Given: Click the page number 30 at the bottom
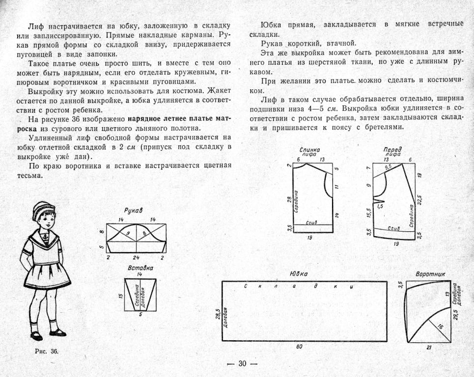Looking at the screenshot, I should pyautogui.click(x=242, y=364).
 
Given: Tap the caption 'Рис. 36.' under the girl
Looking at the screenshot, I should pyautogui.click(x=47, y=351).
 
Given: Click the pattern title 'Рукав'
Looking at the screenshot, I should pyautogui.click(x=134, y=211).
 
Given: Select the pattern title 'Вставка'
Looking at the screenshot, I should pyautogui.click(x=140, y=268).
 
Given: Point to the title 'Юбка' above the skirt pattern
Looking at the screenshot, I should pyautogui.click(x=299, y=274).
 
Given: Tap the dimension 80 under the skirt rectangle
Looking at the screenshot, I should pyautogui.click(x=299, y=347).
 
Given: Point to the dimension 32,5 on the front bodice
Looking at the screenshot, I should pyautogui.click(x=419, y=201).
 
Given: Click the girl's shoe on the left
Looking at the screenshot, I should pyautogui.click(x=36, y=336).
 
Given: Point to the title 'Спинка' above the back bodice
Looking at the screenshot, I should pyautogui.click(x=310, y=150).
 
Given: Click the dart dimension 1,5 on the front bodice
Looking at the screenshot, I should pyautogui.click(x=379, y=207).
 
